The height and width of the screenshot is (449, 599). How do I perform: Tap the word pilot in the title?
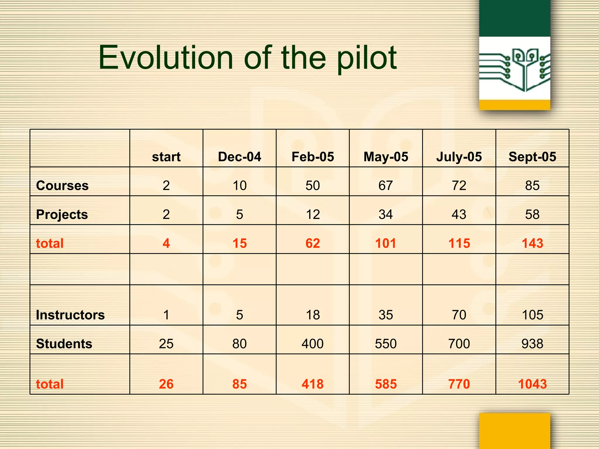point(367,58)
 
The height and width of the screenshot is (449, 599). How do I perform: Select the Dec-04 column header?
point(240,157)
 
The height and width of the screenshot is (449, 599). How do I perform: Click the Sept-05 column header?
point(532,157)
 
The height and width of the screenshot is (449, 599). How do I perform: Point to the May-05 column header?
point(386,157)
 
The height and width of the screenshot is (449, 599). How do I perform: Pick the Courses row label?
point(62,186)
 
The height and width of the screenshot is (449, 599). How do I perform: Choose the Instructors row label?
point(70,315)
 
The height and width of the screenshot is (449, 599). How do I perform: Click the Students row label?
point(64,343)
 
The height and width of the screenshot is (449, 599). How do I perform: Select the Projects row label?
point(62,215)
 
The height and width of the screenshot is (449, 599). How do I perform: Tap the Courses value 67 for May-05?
point(385,186)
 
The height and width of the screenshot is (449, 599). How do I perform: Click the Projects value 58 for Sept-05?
point(532,215)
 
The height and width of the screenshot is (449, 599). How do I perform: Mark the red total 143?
point(532,243)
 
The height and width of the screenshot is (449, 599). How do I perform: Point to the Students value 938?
point(532,343)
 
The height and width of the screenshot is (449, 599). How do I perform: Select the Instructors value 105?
point(532,315)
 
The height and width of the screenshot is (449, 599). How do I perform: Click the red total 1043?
point(532,384)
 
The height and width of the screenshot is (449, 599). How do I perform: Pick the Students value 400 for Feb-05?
point(313,343)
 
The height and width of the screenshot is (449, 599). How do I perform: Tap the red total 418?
point(313,384)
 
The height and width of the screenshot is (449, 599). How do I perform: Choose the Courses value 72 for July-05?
point(459,186)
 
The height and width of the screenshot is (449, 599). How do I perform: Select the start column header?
point(166,157)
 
